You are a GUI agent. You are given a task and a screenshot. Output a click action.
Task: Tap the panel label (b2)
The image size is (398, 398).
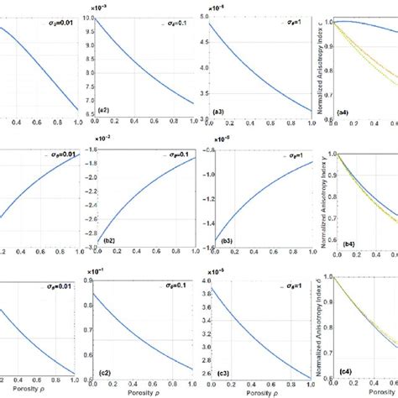click(107, 241)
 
